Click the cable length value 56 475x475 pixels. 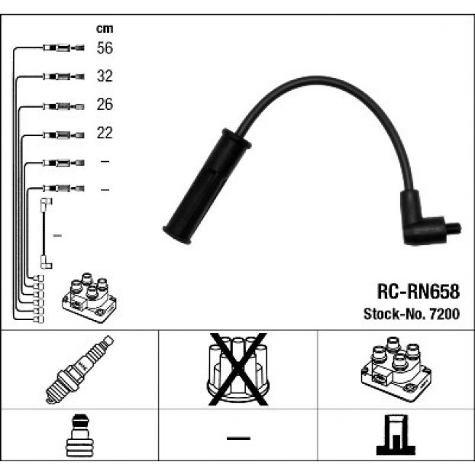(x=105, y=48)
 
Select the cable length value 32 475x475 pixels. (x=105, y=76)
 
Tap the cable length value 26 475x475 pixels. (x=105, y=105)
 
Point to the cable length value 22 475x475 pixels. (x=105, y=133)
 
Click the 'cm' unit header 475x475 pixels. (x=105, y=28)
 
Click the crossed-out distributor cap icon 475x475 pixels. (x=237, y=369)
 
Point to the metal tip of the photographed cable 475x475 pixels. (x=454, y=228)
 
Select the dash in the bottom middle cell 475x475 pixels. (x=238, y=438)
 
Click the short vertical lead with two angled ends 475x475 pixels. (x=47, y=232)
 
